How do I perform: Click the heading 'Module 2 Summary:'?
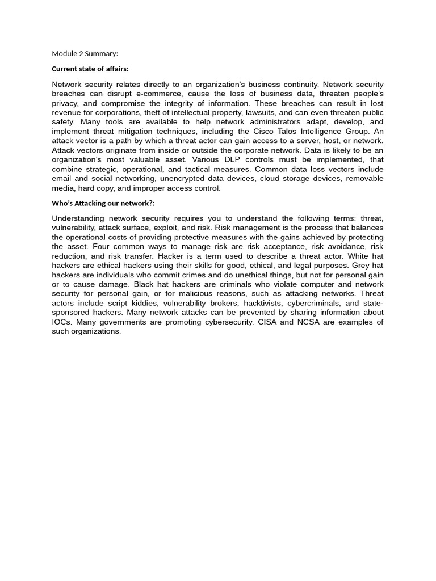click(x=85, y=54)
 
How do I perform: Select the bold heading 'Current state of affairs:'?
click(x=90, y=69)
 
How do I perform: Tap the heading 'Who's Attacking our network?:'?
click(x=103, y=203)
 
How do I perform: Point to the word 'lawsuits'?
click(x=261, y=113)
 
